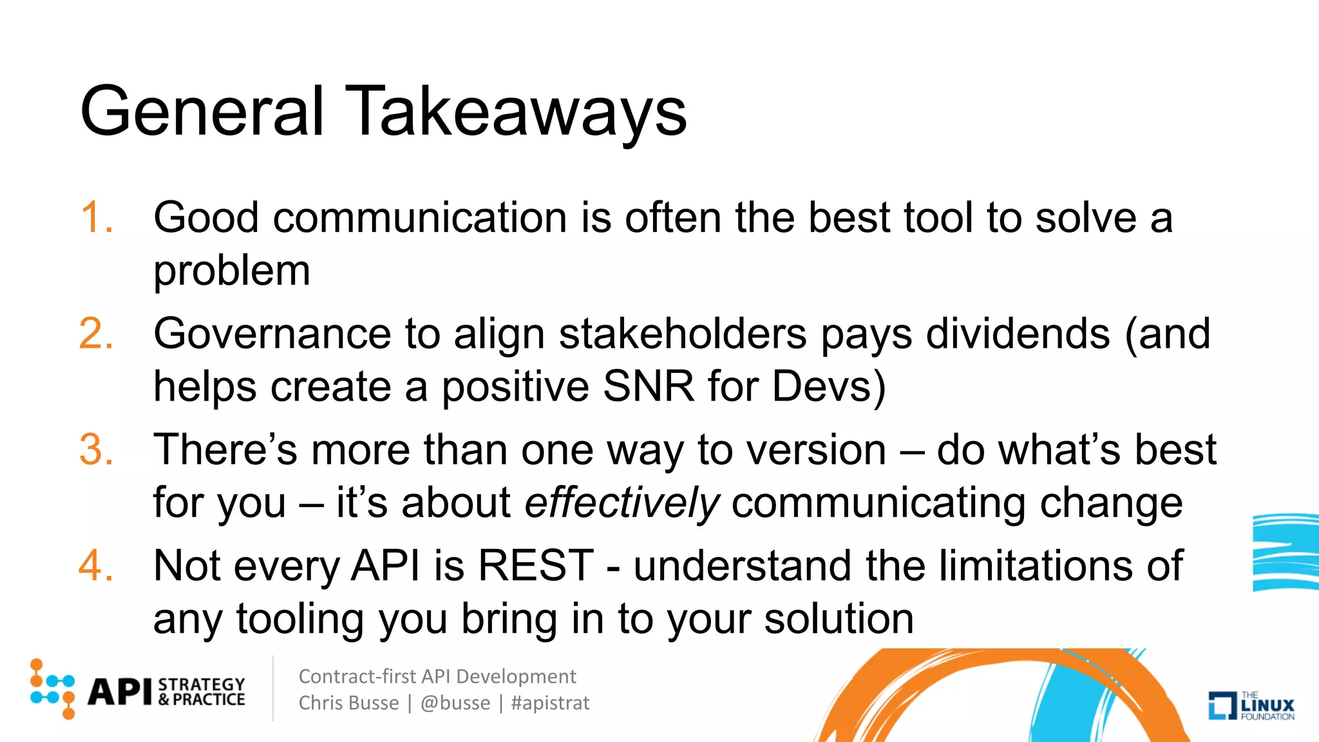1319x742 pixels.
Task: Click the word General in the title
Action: click(202, 111)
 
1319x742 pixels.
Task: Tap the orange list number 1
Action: click(97, 217)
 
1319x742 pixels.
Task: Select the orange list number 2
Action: click(97, 334)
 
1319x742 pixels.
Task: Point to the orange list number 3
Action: click(97, 450)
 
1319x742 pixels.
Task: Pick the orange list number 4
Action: click(97, 566)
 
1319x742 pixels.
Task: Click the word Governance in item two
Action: click(271, 335)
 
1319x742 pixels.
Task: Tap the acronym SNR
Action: click(648, 386)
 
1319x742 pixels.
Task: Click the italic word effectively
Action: click(622, 502)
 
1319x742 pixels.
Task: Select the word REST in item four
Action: click(536, 566)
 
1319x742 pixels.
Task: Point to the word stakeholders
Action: click(683, 334)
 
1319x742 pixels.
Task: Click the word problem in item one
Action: click(232, 271)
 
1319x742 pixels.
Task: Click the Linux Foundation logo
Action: click(1251, 705)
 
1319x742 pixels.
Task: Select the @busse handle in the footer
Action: click(455, 703)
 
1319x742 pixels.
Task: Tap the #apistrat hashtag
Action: click(550, 703)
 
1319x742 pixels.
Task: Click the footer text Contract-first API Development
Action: click(437, 676)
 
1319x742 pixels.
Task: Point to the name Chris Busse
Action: click(348, 703)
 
